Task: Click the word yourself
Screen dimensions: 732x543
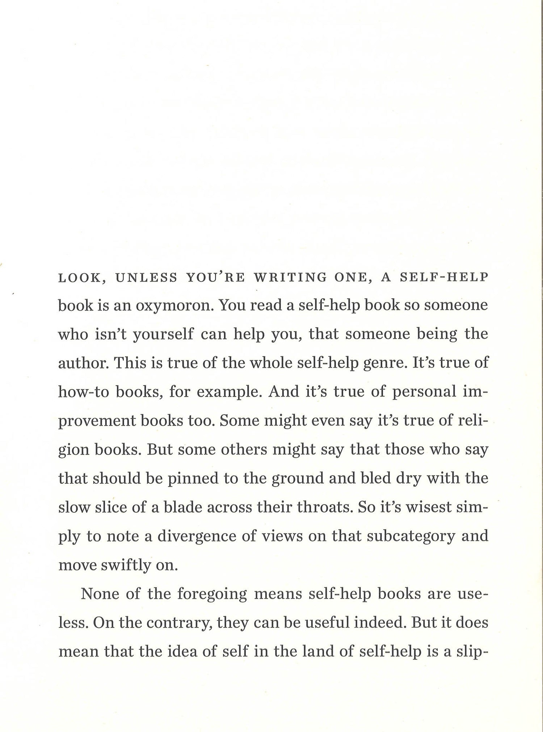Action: tap(164, 334)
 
